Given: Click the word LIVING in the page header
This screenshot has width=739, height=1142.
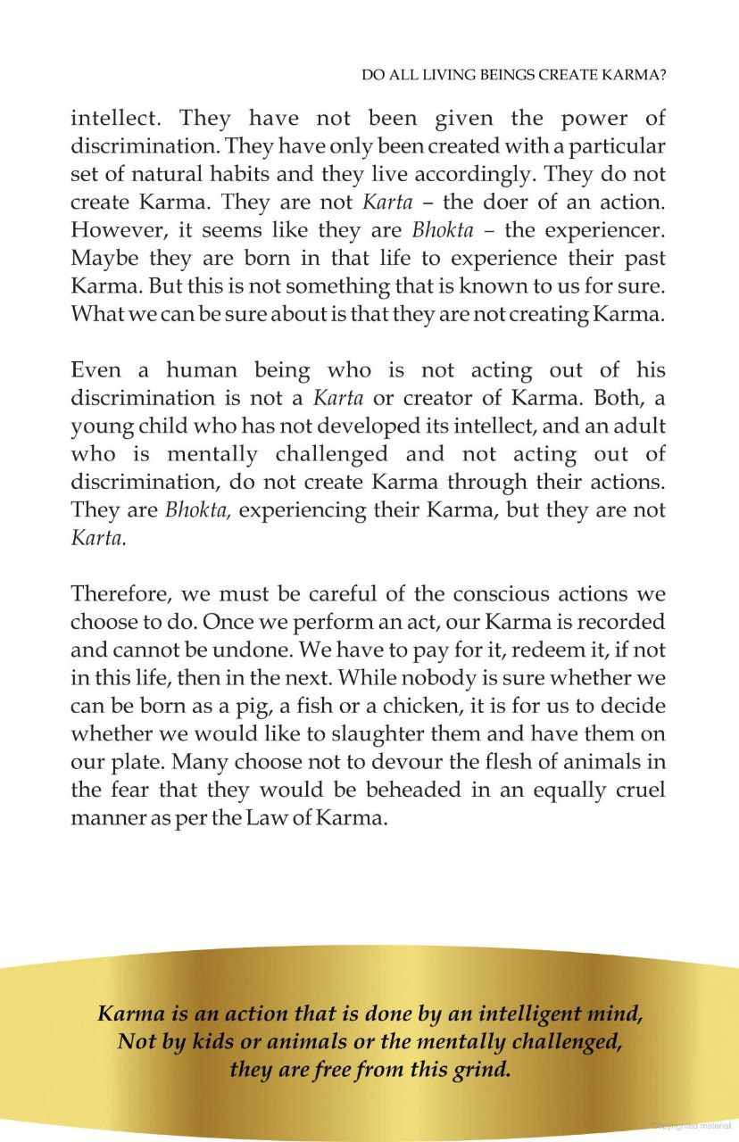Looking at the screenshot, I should point(442,77).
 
